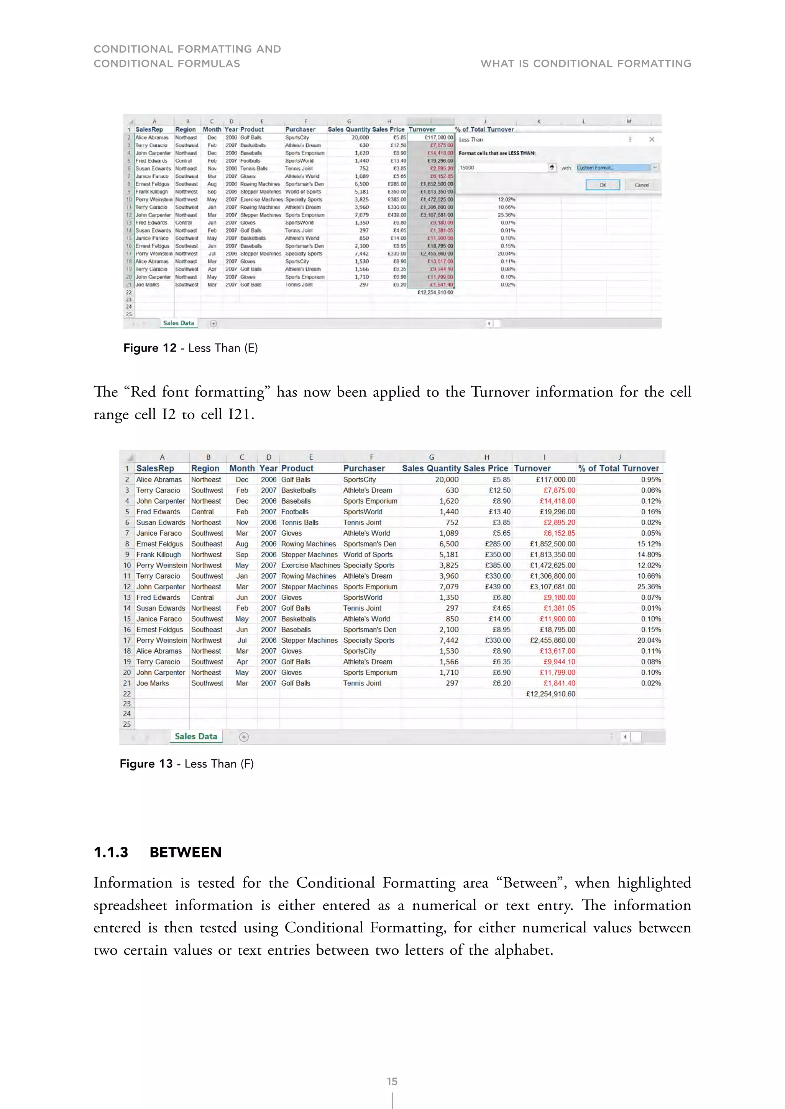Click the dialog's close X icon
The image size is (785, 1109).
point(652,139)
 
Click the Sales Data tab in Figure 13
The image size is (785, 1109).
point(196,736)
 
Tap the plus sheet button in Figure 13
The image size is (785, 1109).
point(244,737)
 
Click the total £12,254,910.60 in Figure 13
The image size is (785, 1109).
point(550,694)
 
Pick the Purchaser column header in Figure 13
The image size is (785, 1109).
point(364,468)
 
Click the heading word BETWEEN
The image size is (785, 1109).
point(185,852)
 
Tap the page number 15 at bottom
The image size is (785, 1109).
point(392,1081)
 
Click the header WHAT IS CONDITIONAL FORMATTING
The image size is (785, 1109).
point(585,64)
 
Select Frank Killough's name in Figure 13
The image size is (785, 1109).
point(159,554)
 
